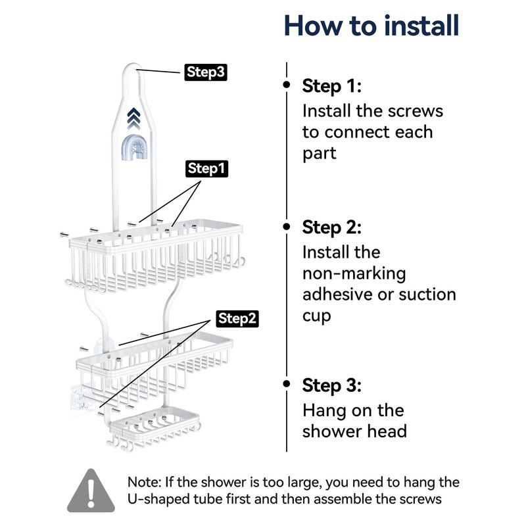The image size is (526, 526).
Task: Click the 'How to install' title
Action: (x=371, y=26)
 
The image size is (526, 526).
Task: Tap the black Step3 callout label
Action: (x=206, y=72)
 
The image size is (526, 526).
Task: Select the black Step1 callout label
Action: (x=206, y=168)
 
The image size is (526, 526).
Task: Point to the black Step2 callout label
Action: (x=237, y=318)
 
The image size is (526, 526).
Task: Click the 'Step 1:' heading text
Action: (x=332, y=86)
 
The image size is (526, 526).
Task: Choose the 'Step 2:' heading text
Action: (x=332, y=227)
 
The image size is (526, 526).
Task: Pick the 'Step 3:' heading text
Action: (x=332, y=385)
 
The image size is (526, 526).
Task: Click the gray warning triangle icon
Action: (x=91, y=491)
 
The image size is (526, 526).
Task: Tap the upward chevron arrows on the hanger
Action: (x=133, y=118)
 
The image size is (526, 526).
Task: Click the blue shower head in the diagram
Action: (x=137, y=147)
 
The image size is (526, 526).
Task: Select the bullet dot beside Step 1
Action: (x=287, y=84)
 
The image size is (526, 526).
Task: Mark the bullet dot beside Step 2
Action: (x=287, y=227)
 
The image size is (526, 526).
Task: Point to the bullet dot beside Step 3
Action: (x=287, y=383)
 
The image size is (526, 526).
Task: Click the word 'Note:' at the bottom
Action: (x=144, y=483)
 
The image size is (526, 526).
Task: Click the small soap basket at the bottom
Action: (x=155, y=429)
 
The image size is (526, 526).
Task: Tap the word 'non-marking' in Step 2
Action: (x=354, y=274)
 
